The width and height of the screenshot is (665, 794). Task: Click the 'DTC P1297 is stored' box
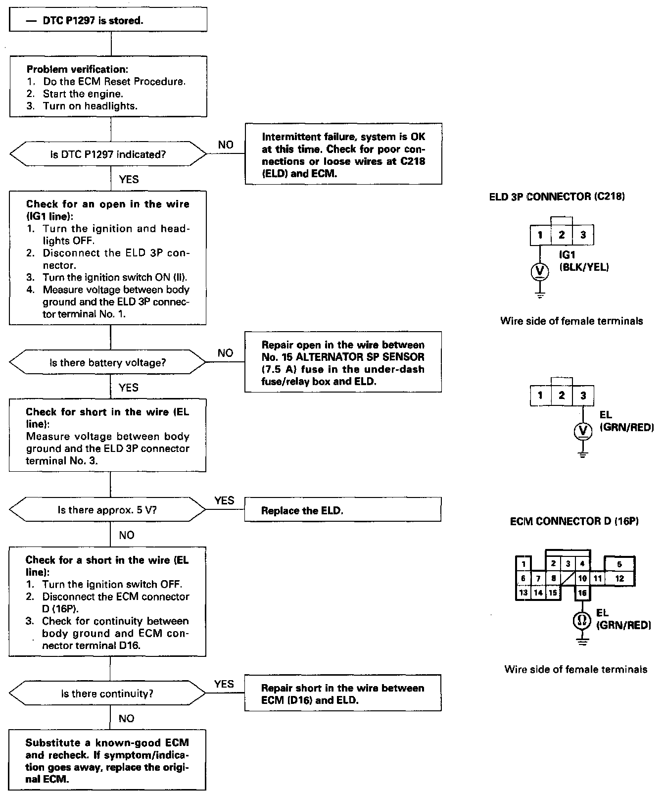(108, 21)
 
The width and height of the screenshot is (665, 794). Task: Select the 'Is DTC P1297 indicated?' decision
(108, 155)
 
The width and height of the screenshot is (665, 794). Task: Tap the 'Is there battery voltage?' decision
(108, 363)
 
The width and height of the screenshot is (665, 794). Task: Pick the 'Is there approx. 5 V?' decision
(108, 510)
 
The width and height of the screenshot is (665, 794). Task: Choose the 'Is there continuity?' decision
(108, 694)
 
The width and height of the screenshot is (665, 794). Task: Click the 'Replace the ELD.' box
(342, 510)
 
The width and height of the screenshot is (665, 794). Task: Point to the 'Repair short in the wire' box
(342, 694)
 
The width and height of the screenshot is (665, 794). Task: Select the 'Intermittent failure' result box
(343, 155)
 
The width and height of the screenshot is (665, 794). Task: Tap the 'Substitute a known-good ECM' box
(107, 760)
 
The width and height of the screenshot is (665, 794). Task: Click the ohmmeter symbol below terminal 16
(582, 620)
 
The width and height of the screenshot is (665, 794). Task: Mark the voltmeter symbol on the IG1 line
(540, 271)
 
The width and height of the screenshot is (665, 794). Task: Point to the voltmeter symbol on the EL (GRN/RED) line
(583, 431)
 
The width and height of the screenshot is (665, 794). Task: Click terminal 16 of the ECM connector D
(582, 593)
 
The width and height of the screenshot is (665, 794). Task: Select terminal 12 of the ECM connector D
(619, 578)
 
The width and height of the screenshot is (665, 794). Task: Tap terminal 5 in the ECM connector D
(619, 564)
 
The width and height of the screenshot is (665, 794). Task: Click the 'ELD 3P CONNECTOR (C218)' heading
(557, 197)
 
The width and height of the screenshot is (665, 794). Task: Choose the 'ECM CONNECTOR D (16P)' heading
(574, 521)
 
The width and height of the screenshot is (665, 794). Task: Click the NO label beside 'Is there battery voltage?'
(225, 353)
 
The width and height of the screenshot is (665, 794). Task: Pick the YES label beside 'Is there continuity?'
(224, 684)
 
